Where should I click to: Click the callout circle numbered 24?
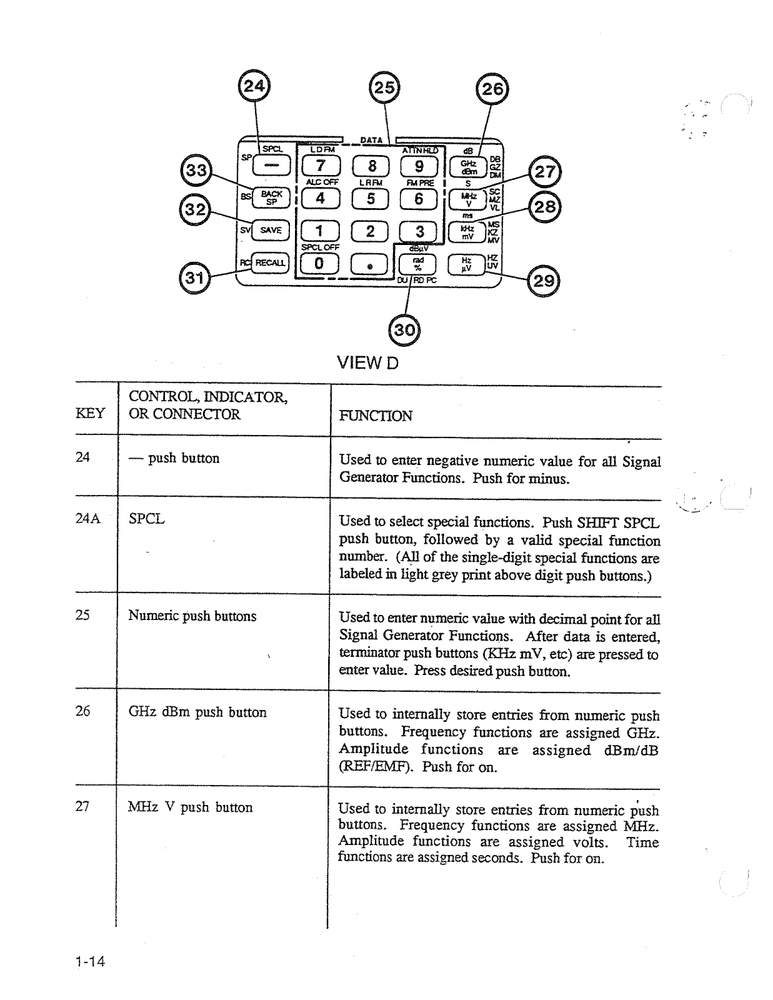tap(254, 87)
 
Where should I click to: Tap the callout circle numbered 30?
tap(404, 329)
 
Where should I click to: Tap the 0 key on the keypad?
tap(319, 263)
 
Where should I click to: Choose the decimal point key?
tap(370, 265)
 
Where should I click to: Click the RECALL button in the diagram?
tap(269, 262)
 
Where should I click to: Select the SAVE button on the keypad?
tap(271, 230)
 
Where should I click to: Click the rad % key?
tap(418, 264)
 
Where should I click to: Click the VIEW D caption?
tap(367, 362)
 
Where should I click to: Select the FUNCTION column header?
tap(375, 416)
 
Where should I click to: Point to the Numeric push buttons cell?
tap(192, 616)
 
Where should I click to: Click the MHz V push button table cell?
tap(191, 807)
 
